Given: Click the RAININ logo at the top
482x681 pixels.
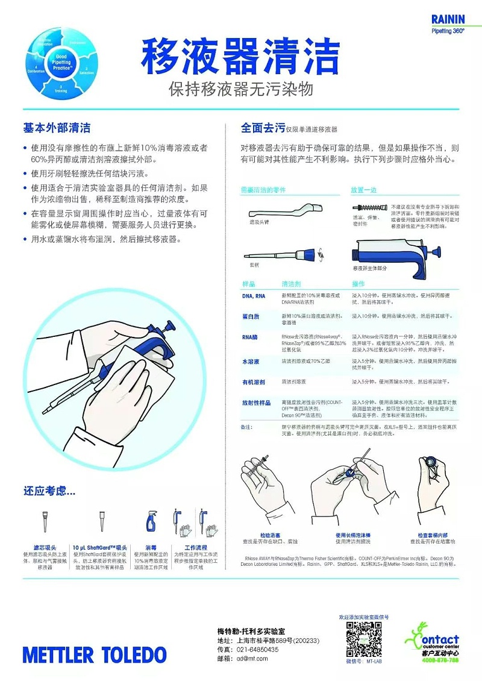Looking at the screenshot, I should (448, 20).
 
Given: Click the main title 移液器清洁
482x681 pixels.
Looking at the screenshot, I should (241, 56).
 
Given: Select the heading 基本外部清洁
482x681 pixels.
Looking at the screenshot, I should (57, 128).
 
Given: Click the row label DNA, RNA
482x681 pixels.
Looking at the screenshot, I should (254, 296).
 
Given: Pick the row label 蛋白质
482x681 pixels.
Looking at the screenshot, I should (250, 316).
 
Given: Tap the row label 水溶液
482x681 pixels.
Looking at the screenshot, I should (250, 362).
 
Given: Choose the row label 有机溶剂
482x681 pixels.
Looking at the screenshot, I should (253, 381).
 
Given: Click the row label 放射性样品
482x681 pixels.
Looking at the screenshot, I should (255, 402).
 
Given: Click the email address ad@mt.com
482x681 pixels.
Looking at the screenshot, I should (252, 659).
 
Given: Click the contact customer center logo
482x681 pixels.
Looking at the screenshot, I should (432, 644).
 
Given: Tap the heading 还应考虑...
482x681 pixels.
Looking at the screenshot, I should (49, 491).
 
